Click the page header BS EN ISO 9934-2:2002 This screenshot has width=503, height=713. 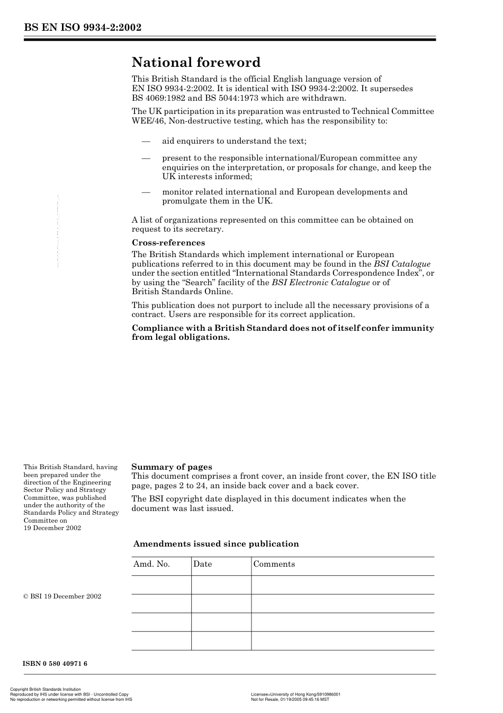(x=82, y=28)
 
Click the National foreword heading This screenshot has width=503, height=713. (x=196, y=63)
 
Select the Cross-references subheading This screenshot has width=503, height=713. (x=168, y=243)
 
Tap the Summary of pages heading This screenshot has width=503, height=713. (x=172, y=467)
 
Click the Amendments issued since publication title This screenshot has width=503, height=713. (x=216, y=544)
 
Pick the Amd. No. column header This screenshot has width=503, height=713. (x=151, y=564)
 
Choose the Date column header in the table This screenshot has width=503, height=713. (x=202, y=564)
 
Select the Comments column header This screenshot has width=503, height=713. (x=274, y=564)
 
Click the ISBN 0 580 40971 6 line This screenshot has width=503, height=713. (x=55, y=664)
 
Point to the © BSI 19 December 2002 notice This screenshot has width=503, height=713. (x=62, y=596)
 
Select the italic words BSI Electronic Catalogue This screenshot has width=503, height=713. (x=320, y=283)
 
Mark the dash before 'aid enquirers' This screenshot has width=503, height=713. (x=146, y=141)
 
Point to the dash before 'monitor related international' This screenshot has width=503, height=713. (x=146, y=192)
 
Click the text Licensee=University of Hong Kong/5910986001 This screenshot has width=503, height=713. (x=295, y=694)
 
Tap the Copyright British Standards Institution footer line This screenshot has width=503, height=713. (x=46, y=690)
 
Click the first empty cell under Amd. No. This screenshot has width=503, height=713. (x=161, y=585)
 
